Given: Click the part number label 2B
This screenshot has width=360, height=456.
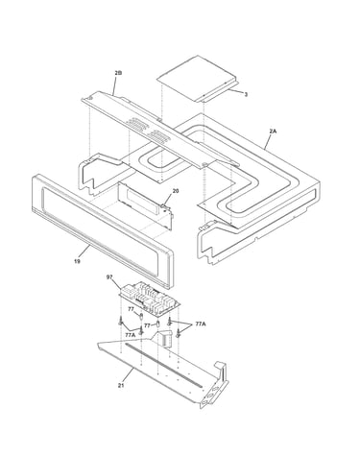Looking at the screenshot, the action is (118, 73).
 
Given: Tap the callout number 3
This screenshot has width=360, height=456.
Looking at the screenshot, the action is (246, 94).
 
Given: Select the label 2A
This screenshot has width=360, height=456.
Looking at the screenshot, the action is (273, 132).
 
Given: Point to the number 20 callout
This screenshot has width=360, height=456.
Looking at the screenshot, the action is (176, 191).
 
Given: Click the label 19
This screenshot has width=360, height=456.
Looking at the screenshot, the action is (77, 261).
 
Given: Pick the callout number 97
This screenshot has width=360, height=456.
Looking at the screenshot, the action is (109, 277).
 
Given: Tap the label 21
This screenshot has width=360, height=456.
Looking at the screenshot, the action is (121, 385).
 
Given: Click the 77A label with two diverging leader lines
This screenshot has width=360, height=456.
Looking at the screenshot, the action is (201, 324).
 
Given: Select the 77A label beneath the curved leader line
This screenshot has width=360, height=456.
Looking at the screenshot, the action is (131, 335).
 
